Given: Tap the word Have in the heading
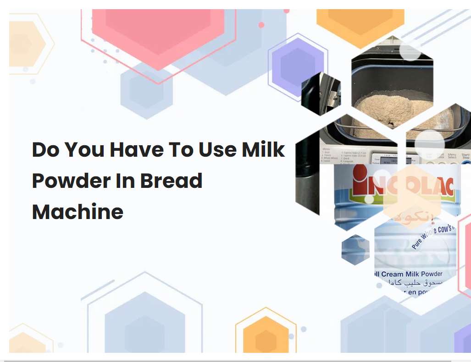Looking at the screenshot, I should tap(133, 150).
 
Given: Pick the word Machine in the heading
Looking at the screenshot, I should tap(78, 212).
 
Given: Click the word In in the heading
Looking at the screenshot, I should tap(125, 181).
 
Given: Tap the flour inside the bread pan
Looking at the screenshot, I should tap(392, 108).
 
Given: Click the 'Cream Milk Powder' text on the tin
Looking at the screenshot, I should tap(411, 274).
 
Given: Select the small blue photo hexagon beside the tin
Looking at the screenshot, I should tap(355, 250).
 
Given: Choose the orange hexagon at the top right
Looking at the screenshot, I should tap(360, 23).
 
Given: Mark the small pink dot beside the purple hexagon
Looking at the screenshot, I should tap(261, 25).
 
